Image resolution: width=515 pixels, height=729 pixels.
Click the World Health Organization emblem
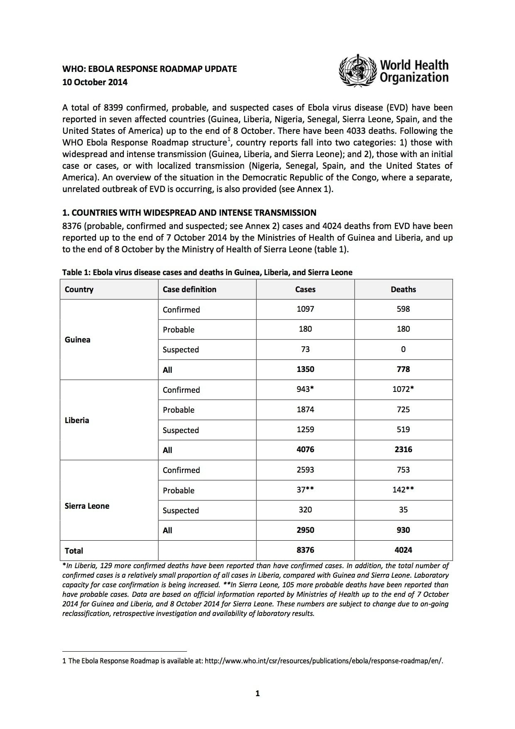click(358, 71)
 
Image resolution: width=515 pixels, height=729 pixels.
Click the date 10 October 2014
click(95, 82)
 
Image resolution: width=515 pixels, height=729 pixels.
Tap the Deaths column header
click(403, 289)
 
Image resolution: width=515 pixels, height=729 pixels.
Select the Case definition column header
click(189, 289)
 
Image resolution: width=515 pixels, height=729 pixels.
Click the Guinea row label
click(78, 340)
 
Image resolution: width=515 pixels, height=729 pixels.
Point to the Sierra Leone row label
click(87, 506)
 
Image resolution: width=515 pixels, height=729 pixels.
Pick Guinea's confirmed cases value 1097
click(305, 309)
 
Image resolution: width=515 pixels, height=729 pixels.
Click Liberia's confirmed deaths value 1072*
click(403, 389)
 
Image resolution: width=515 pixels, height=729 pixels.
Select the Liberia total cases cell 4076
click(305, 449)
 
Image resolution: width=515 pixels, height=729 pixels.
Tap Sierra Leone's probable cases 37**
click(305, 490)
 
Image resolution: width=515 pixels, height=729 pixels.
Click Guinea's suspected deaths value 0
click(403, 349)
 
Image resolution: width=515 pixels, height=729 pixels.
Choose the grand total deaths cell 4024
click(403, 550)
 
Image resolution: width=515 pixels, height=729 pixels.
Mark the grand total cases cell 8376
click(305, 550)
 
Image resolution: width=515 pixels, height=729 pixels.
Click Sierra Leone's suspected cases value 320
click(305, 510)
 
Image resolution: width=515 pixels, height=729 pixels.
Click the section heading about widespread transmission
click(189, 213)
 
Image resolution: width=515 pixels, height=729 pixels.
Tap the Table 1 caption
click(207, 272)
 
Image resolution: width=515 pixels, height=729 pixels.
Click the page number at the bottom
click(257, 693)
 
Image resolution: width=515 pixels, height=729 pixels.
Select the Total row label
click(74, 551)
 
